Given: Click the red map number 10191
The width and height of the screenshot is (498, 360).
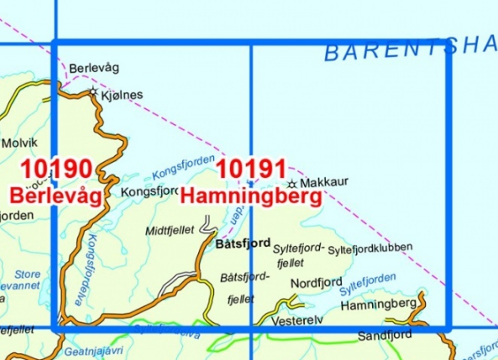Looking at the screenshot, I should pos(252,170).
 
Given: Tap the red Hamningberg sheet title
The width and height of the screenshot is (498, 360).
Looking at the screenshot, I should pos(252,197).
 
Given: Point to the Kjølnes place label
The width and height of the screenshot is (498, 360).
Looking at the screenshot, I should pos(121,96).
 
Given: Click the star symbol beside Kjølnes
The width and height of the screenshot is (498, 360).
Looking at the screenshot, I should pos(93,91).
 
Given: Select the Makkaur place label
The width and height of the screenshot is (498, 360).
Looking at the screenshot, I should pos(323,182).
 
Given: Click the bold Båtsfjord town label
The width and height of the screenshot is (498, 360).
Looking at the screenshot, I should pos(243,244).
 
